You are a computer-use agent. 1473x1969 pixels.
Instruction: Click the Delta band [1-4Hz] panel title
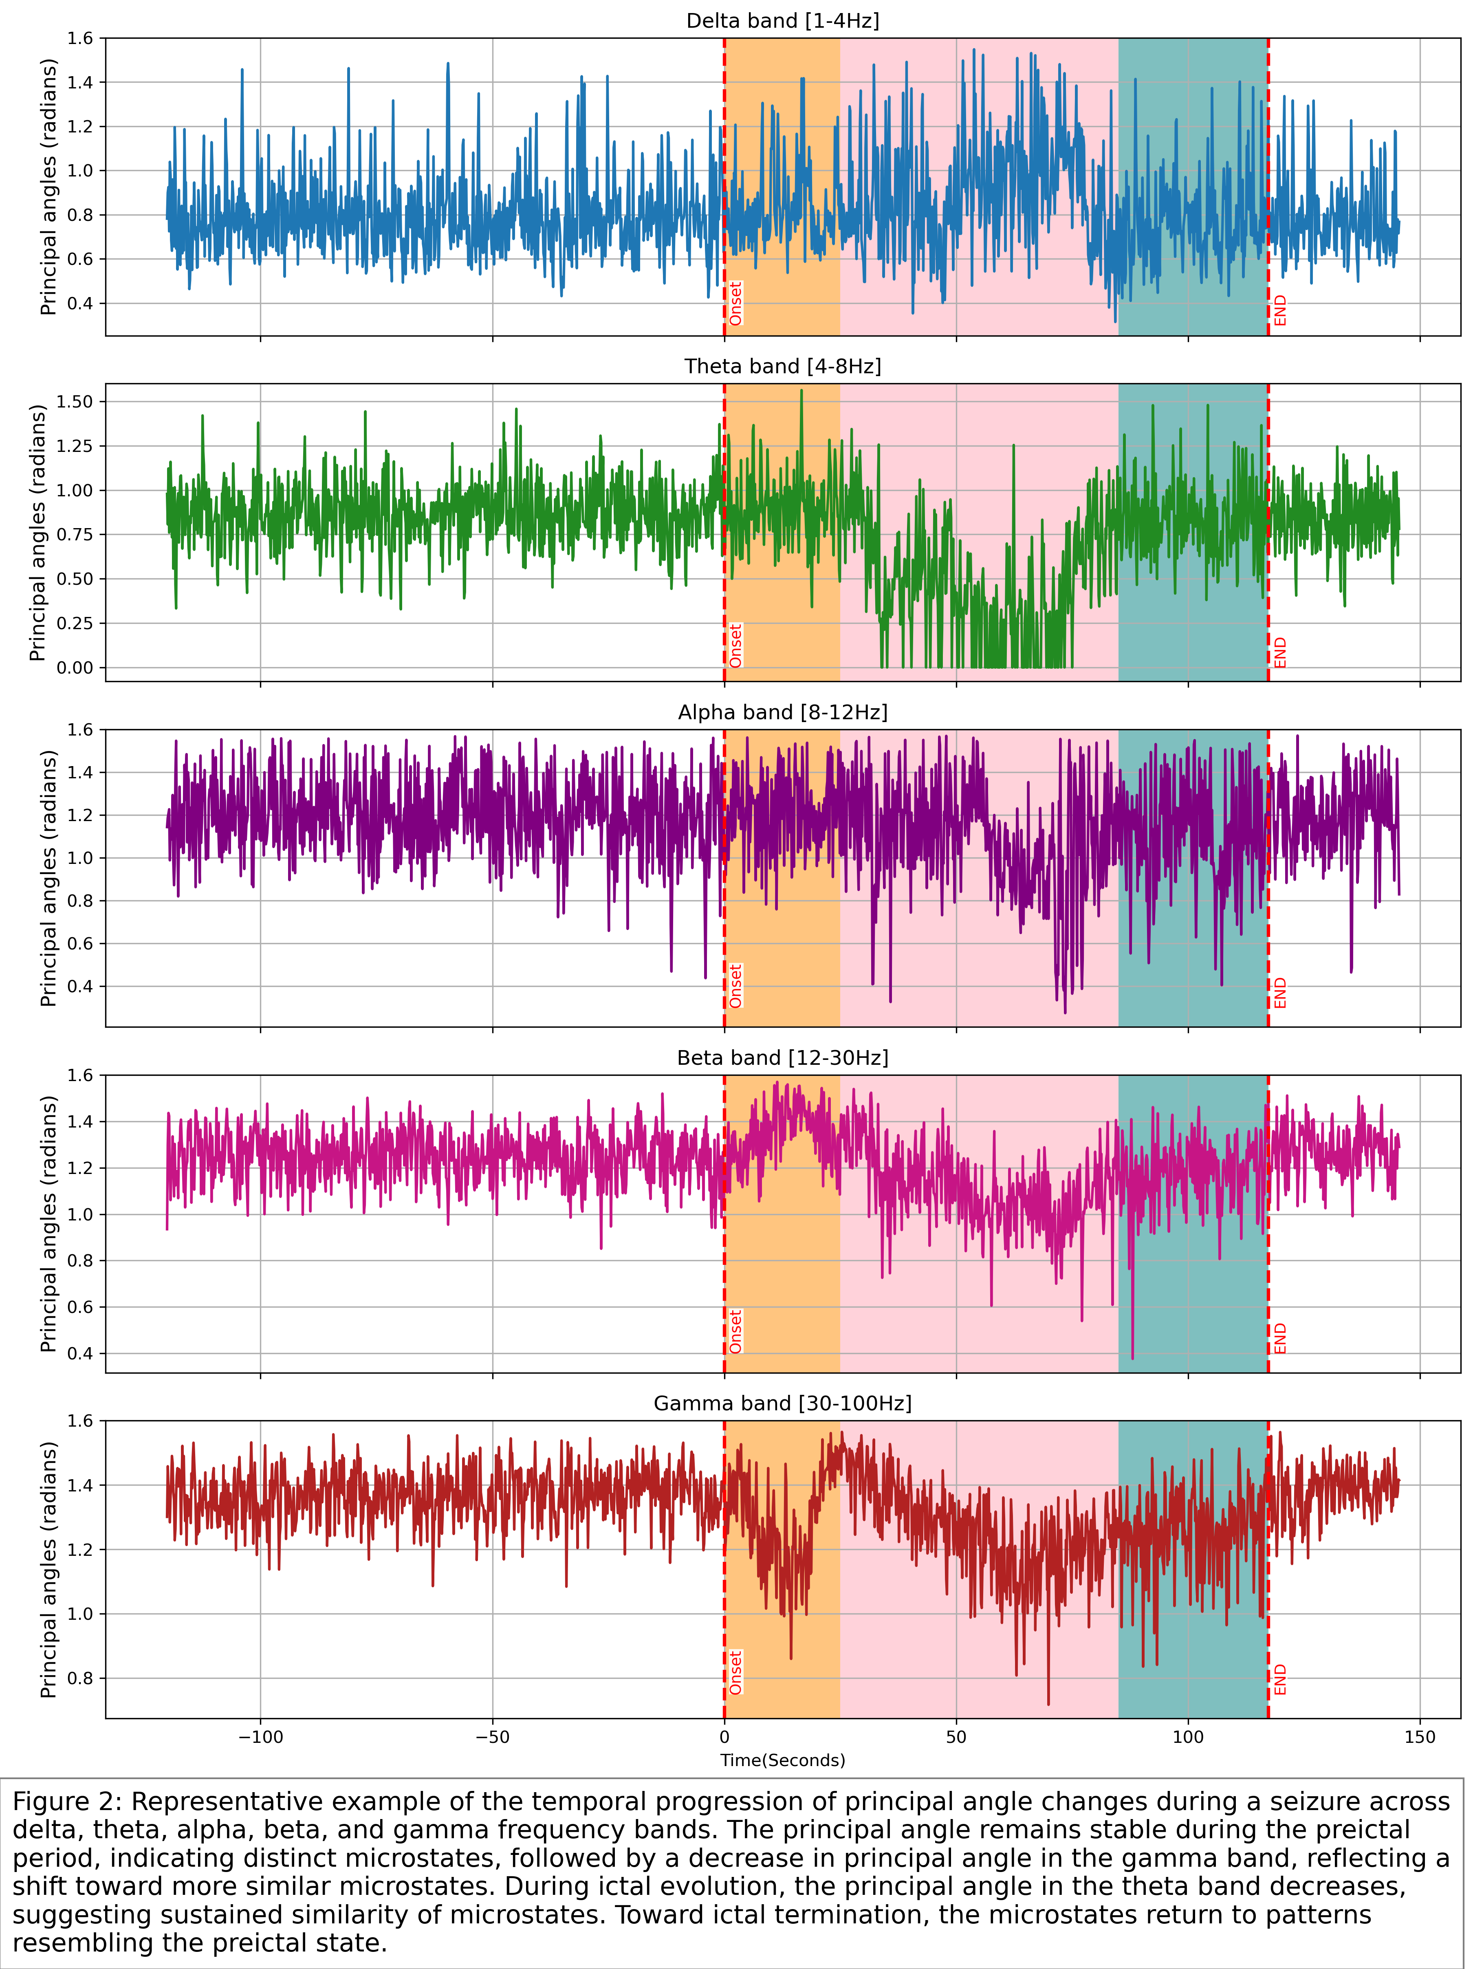782,20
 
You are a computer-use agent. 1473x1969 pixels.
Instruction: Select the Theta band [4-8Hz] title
782,367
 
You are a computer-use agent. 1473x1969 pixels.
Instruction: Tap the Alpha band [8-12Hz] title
782,712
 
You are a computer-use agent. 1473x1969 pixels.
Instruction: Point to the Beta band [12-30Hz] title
782,1057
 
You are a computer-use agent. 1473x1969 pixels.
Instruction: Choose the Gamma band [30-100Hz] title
782,1403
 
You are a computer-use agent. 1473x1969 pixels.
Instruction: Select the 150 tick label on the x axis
1420,1737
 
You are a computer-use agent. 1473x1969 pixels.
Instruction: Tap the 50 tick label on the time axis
956,1737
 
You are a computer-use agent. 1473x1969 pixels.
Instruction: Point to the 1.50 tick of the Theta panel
75,401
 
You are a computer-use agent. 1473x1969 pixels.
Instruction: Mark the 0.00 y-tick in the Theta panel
75,667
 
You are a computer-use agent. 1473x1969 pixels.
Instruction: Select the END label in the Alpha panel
1280,993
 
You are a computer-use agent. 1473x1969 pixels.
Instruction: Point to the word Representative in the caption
214,1802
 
